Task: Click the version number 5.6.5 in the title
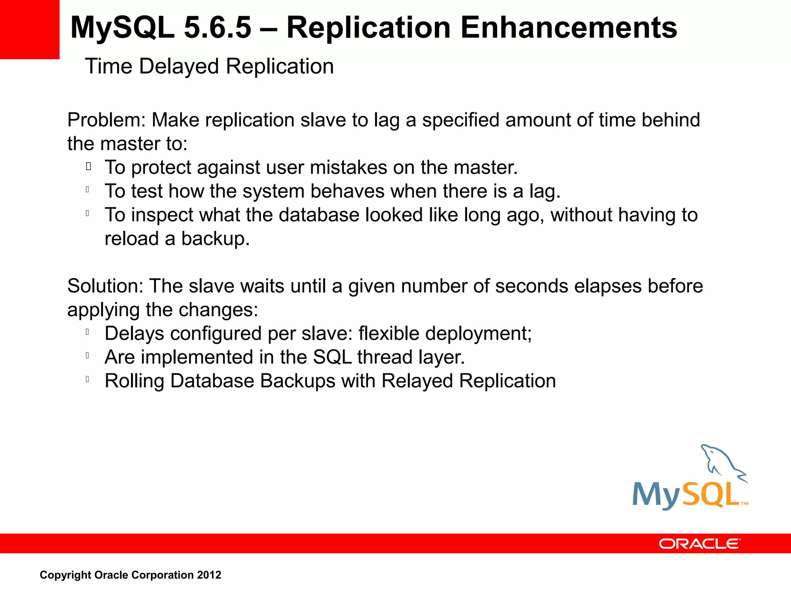[x=217, y=28]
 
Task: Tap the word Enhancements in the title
[x=569, y=28]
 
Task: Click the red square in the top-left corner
[x=29, y=29]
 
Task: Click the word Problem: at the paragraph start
[x=106, y=120]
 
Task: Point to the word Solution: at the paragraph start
[x=105, y=286]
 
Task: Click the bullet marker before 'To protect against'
[x=88, y=167]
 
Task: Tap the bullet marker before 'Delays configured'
[x=88, y=332]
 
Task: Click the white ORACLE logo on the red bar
[x=699, y=544]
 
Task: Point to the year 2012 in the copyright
[x=209, y=575]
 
